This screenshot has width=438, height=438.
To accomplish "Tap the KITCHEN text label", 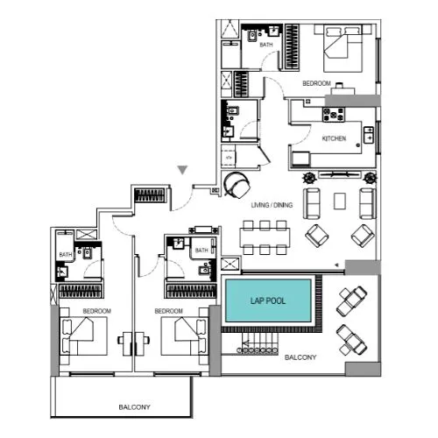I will click(x=334, y=139).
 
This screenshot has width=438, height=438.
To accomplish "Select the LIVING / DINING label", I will click(x=272, y=204).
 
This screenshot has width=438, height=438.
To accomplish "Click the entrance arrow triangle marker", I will click(x=182, y=170).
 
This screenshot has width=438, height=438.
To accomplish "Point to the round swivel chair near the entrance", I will click(x=237, y=184).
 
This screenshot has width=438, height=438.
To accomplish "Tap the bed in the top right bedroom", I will click(x=343, y=51).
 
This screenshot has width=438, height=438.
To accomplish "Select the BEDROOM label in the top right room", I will click(x=315, y=83).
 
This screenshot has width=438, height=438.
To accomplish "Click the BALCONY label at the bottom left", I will click(x=135, y=407).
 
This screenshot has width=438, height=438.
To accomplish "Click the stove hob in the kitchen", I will click(x=335, y=113).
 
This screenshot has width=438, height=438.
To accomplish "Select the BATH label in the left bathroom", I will click(x=65, y=255).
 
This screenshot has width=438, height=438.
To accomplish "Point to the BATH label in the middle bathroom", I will click(x=201, y=251).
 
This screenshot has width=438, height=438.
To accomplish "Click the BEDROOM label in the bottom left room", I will click(x=96, y=311).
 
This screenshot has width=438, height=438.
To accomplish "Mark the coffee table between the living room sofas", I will click(x=339, y=201).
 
